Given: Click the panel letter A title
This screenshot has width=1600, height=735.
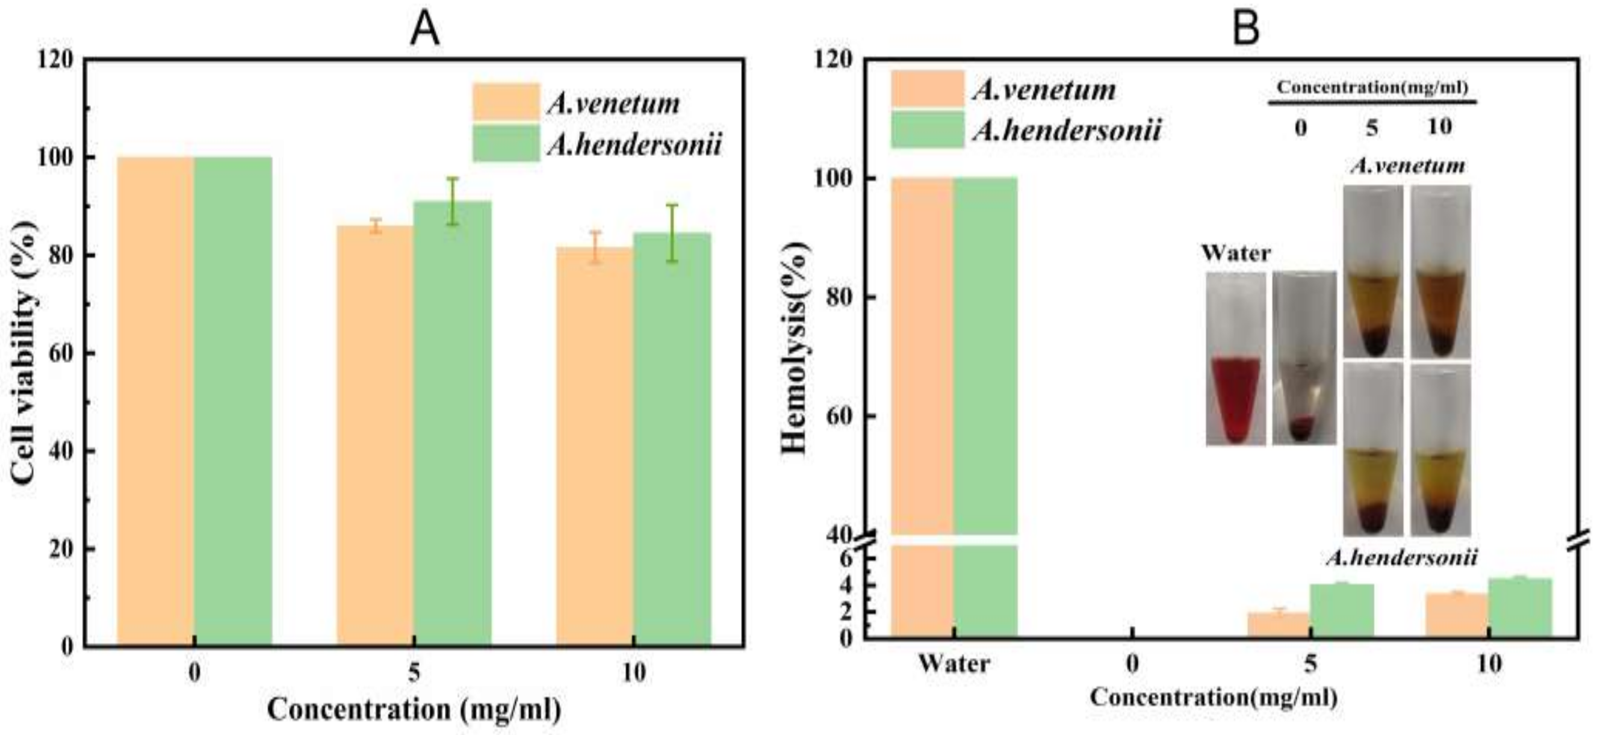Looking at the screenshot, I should point(425,29).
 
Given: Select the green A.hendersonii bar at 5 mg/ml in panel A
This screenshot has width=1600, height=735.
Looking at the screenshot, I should point(452,423).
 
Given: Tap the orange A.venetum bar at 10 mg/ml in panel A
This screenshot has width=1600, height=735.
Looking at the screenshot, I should point(594,447).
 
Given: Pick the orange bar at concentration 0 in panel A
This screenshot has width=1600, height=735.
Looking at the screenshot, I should point(155,401).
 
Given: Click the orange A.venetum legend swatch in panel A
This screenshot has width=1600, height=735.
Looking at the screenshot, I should point(506,102).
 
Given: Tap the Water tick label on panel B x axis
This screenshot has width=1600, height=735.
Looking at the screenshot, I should point(954,664).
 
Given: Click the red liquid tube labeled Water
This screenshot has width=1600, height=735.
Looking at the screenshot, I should point(1235,398).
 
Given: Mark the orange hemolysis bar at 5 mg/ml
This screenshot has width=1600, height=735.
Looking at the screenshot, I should point(1279,624).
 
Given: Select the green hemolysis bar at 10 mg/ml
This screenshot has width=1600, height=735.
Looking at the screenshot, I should point(1520,607).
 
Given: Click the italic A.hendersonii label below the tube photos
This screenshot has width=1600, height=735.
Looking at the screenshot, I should point(1401,558).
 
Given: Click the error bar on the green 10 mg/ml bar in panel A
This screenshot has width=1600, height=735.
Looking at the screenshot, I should point(672,233).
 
